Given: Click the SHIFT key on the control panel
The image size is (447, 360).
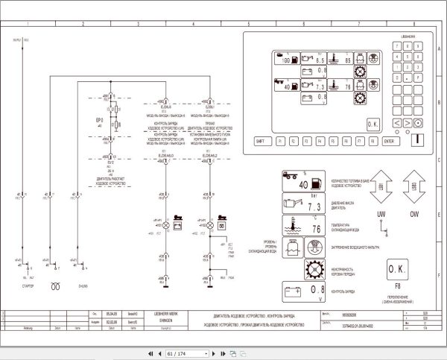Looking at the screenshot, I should pos(260,140).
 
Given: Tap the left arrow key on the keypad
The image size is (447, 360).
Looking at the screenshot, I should pos(397,122).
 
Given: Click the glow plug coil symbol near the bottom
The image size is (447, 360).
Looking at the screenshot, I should pos(52,285).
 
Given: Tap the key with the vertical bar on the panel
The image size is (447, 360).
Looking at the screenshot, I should pos(419,139).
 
